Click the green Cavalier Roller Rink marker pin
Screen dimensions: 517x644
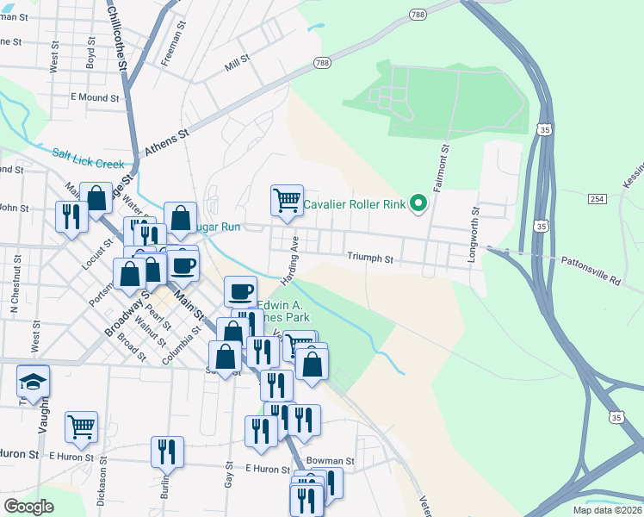pyautogui.click(x=419, y=203)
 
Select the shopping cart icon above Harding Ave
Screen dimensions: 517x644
pyautogui.click(x=287, y=200)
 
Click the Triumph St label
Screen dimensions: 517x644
pyautogui.click(x=370, y=258)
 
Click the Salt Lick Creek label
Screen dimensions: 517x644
pyautogui.click(x=88, y=158)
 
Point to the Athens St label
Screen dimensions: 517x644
pyautogui.click(x=166, y=142)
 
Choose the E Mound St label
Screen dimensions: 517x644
pyautogui.click(x=95, y=97)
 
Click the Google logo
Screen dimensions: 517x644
pyautogui.click(x=28, y=506)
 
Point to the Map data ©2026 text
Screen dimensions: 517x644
pyautogui.click(x=606, y=510)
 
